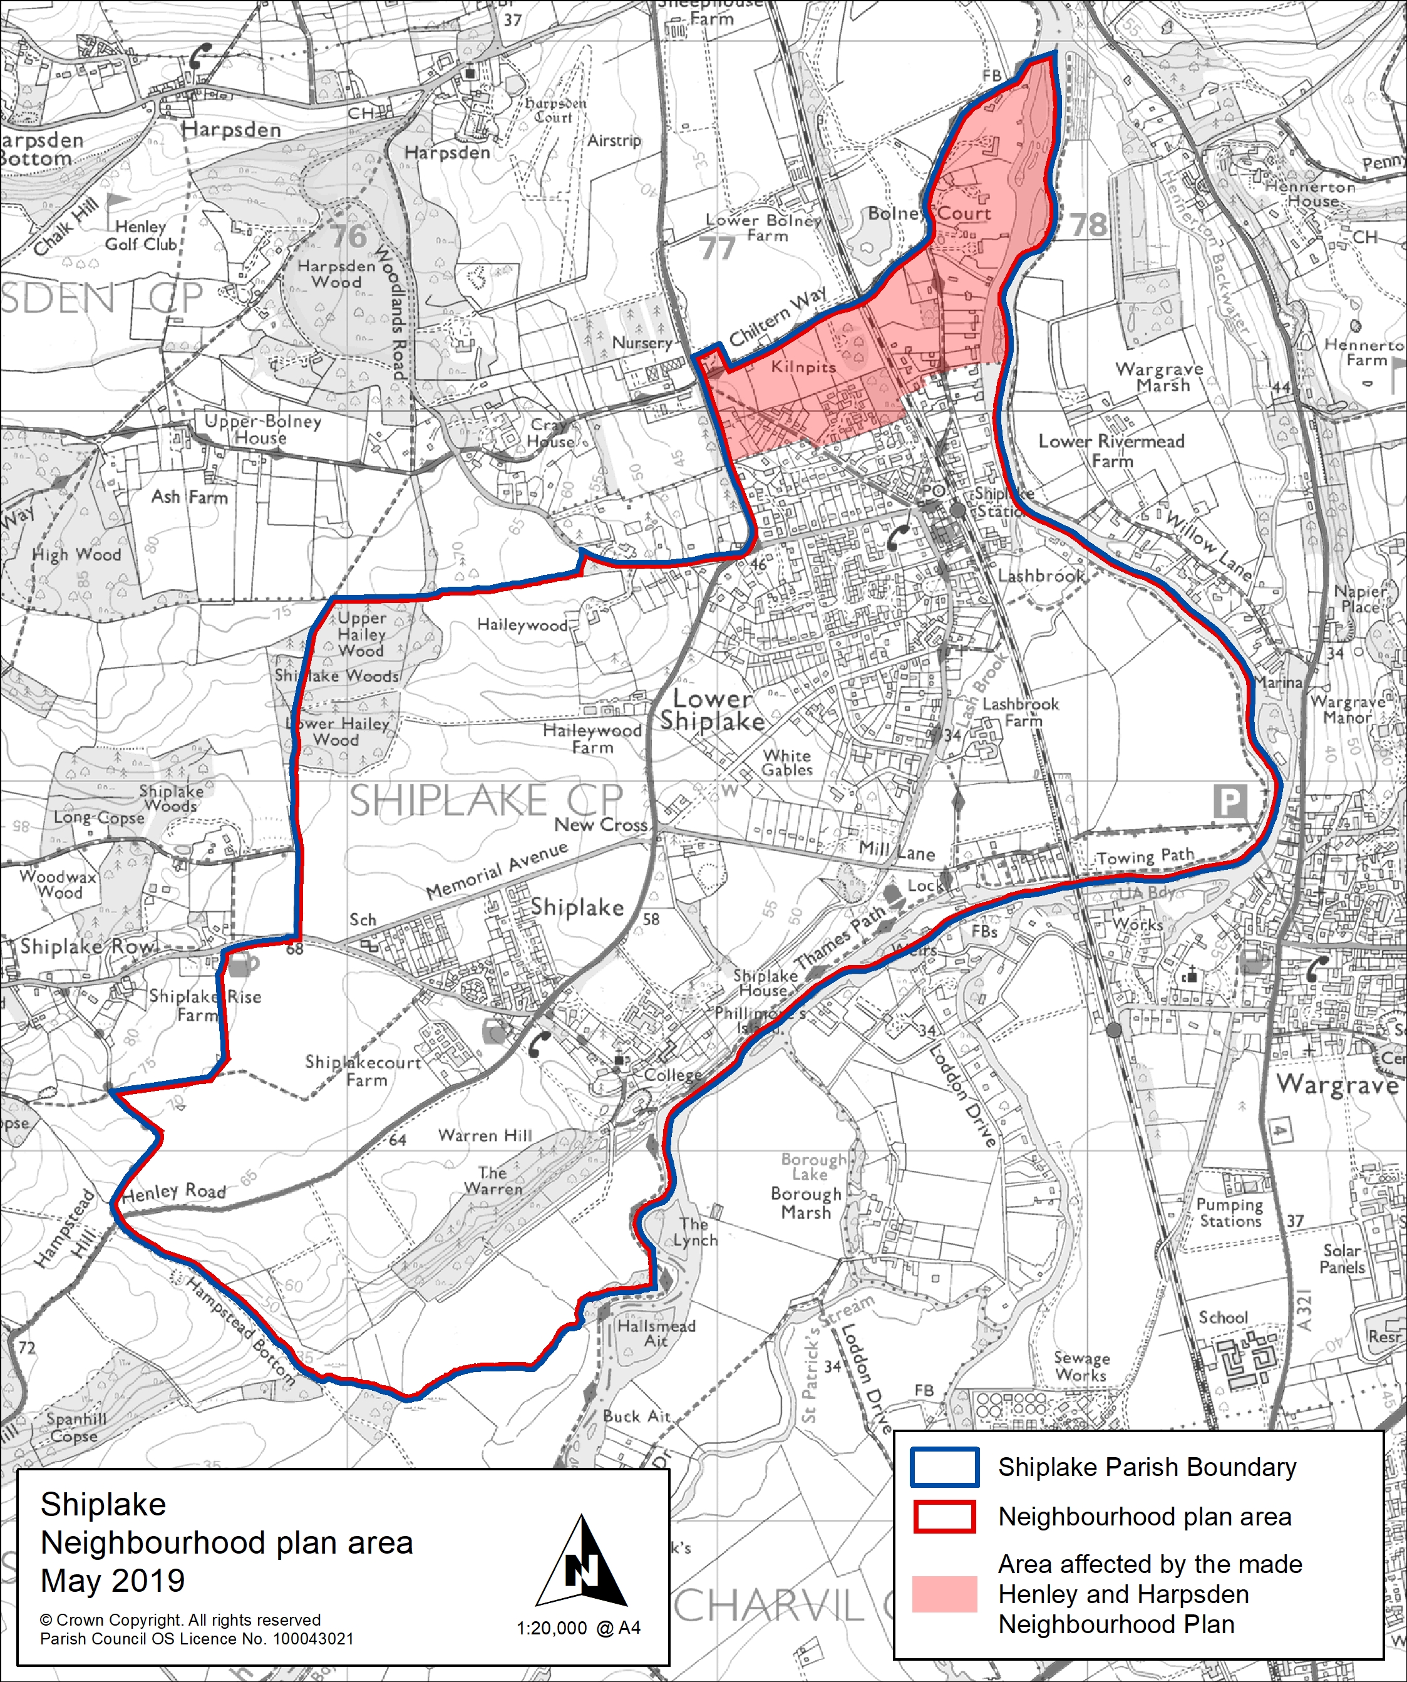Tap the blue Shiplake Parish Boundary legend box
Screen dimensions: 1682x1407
pyautogui.click(x=944, y=1467)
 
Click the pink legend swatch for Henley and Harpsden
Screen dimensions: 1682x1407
pyautogui.click(x=944, y=1593)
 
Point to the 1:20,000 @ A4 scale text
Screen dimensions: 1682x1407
pyautogui.click(x=578, y=1628)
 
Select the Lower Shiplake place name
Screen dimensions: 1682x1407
pyautogui.click(x=712, y=709)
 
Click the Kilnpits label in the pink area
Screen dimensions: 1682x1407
pyautogui.click(x=803, y=367)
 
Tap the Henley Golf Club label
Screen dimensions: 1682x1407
pyautogui.click(x=141, y=235)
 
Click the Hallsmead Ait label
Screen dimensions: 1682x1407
pyautogui.click(x=656, y=1333)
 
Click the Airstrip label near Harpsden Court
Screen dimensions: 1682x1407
pyautogui.click(x=614, y=141)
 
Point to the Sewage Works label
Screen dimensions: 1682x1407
pyautogui.click(x=1081, y=1366)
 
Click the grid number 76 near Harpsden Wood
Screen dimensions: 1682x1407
pyautogui.click(x=348, y=235)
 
